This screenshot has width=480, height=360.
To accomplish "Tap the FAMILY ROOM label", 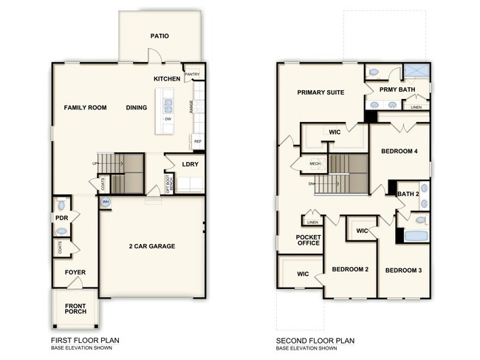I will pyautogui.click(x=85, y=108).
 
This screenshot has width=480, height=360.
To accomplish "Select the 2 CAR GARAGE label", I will pyautogui.click(x=151, y=246).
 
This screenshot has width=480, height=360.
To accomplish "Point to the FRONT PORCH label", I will pyautogui.click(x=75, y=308).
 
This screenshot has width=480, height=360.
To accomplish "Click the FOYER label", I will pyautogui.click(x=75, y=273).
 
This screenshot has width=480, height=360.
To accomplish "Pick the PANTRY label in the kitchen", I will pyautogui.click(x=191, y=74).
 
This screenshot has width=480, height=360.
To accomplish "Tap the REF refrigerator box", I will pyautogui.click(x=197, y=140).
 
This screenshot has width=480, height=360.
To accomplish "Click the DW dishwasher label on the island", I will pyautogui.click(x=168, y=119).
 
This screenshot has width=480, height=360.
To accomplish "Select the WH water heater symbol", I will pyautogui.click(x=106, y=201).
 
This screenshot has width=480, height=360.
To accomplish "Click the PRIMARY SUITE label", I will pyautogui.click(x=320, y=93).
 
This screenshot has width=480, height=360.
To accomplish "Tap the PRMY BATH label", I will pyautogui.click(x=397, y=89).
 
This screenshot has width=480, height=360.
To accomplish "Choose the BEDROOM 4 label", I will pyautogui.click(x=400, y=152).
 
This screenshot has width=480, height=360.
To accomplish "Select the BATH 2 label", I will pyautogui.click(x=408, y=194).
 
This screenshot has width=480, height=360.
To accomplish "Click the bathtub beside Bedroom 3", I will pyautogui.click(x=416, y=237).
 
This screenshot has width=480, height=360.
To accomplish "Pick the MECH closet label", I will pyautogui.click(x=315, y=164).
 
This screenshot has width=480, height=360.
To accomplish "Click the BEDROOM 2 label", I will pyautogui.click(x=349, y=270).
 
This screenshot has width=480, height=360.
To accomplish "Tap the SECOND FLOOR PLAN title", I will pyautogui.click(x=315, y=341).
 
